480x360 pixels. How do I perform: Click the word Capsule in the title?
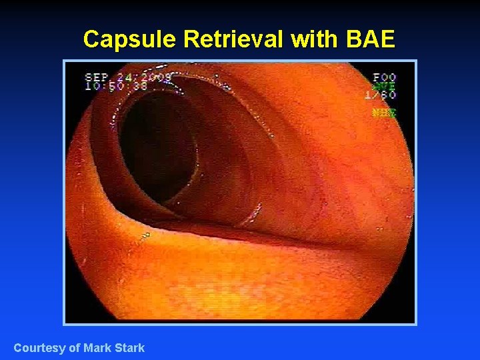click(x=130, y=40)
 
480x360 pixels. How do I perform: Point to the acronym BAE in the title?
click(x=371, y=40)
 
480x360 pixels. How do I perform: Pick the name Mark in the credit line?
click(x=98, y=348)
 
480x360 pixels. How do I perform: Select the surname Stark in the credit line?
click(x=129, y=348)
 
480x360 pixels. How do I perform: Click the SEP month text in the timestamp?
click(x=97, y=77)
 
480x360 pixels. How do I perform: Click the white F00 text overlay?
click(x=385, y=78)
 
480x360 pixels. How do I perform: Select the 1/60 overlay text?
click(x=380, y=95)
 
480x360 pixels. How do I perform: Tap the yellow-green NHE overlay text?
click(x=385, y=113)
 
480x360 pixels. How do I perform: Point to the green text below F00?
click(x=385, y=86)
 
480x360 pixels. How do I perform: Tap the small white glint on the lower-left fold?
click(x=144, y=235)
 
